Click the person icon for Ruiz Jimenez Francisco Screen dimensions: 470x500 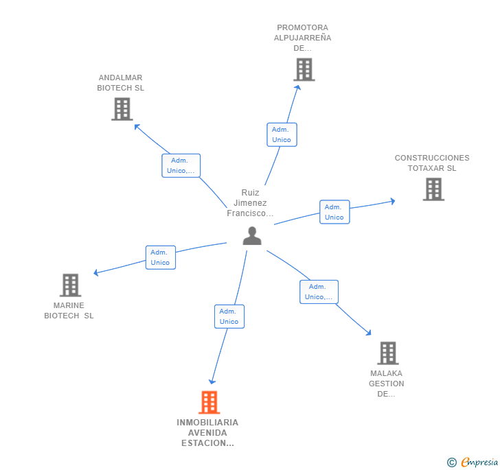click(252, 236)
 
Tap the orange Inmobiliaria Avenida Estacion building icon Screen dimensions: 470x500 click(209, 402)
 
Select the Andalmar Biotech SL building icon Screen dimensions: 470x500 click(122, 109)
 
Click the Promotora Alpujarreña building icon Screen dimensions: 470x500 click(304, 69)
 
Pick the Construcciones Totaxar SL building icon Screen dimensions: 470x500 click(433, 189)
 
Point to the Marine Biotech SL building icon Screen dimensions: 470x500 click(70, 285)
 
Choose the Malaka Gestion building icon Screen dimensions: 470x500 click(388, 353)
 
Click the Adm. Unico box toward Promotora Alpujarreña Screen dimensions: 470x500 click(282, 134)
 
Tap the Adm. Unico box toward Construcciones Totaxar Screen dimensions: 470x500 click(334, 212)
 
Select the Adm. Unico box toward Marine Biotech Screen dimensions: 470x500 click(160, 257)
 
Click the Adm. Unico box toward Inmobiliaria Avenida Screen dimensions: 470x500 click(229, 316)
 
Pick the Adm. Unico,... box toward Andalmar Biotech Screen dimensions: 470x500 click(181, 165)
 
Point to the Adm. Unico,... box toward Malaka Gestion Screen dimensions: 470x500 click(319, 292)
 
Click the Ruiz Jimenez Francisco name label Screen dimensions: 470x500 click(251, 203)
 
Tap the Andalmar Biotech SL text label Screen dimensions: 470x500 click(120, 83)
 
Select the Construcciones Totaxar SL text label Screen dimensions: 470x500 click(432, 163)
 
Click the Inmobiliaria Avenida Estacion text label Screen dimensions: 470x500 click(207, 433)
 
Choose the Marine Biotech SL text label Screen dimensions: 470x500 click(69, 311)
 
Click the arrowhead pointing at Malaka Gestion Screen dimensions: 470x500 click(369, 333)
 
